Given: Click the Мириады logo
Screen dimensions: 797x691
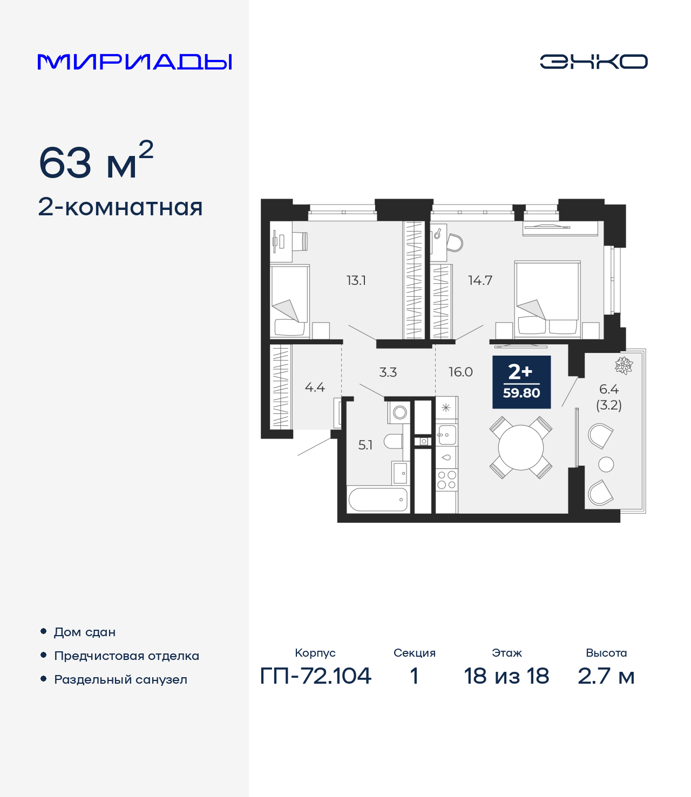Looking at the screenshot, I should tap(134, 62).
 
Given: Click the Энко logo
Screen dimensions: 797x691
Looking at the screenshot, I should tap(593, 62).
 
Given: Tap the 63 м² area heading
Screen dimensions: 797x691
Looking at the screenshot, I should tap(96, 162).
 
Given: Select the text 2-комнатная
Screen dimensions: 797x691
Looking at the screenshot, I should tap(120, 207).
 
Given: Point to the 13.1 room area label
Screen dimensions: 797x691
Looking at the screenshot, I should tap(356, 280).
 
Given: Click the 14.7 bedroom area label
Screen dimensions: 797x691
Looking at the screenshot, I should tap(480, 280).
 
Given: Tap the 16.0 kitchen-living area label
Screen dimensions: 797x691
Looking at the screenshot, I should tap(460, 372).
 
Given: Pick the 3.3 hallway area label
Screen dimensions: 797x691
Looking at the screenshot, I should tap(388, 372).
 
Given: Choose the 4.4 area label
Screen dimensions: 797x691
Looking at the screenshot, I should tap(315, 387).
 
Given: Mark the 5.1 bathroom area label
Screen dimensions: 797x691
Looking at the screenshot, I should tap(365, 445).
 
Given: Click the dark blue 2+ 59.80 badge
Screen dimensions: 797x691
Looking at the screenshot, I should tap(521, 382).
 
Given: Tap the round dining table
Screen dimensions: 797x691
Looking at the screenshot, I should tap(521, 447).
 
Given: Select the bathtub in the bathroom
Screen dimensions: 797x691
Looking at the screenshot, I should tap(378, 500).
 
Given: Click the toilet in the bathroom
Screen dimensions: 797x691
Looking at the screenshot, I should tap(394, 441).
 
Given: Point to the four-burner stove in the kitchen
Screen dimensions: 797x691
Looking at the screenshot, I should tap(446, 480).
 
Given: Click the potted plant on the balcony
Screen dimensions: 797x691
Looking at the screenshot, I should tap(624, 365).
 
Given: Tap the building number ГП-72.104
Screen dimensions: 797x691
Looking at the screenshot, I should tap(316, 676).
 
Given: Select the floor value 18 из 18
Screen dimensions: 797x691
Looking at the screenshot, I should tap(506, 676).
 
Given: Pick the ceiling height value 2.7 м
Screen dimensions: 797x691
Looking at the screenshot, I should tap(606, 676).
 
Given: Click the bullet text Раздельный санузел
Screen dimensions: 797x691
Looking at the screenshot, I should tap(120, 679).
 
